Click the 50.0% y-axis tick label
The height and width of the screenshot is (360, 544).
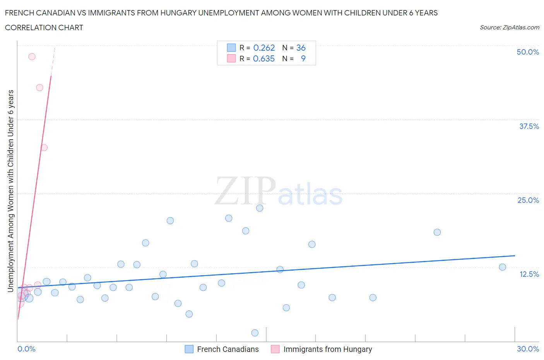[527, 52]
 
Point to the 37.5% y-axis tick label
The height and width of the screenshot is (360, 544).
[529, 126]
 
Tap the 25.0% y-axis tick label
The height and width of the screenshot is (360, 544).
[528, 200]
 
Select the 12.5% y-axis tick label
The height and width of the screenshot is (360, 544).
[529, 274]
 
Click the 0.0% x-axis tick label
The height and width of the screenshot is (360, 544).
[26, 349]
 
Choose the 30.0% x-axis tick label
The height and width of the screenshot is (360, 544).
[528, 349]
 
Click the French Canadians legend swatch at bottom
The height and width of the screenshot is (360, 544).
[189, 349]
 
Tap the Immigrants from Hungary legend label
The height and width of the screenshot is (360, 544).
[327, 349]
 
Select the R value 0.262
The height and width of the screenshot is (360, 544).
[264, 48]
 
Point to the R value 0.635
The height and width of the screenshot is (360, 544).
[263, 58]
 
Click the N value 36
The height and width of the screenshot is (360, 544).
[301, 48]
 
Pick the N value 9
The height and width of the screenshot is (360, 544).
[303, 58]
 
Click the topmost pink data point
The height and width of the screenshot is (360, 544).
[32, 57]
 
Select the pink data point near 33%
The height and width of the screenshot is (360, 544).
[44, 147]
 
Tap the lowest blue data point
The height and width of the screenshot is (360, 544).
[255, 333]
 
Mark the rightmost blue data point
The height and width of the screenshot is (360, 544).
[502, 267]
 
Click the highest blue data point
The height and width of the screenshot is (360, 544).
[260, 208]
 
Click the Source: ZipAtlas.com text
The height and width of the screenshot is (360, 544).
[509, 27]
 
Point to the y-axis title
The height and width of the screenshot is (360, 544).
[11, 190]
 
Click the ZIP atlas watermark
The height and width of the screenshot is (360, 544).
[279, 192]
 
